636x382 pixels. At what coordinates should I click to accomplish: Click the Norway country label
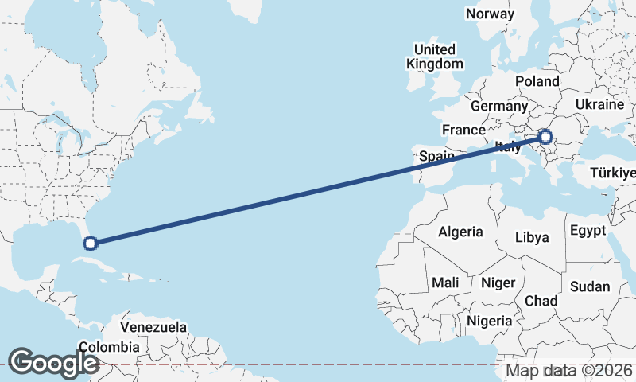tap(490, 14)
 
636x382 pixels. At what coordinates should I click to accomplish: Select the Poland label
tap(537, 81)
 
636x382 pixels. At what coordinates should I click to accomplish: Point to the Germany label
tap(498, 106)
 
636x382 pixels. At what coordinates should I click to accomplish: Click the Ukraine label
tap(600, 104)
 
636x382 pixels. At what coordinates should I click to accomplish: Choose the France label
tap(463, 130)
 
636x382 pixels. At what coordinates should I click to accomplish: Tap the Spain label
tap(436, 157)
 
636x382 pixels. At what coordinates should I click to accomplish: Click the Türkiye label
tap(613, 173)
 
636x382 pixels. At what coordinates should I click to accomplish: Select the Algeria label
tap(460, 232)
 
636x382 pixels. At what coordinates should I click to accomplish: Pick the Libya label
tap(532, 237)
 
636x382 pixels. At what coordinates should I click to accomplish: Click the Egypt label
tap(588, 231)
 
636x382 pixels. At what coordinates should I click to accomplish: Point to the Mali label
tap(445, 283)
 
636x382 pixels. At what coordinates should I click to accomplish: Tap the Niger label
tap(498, 283)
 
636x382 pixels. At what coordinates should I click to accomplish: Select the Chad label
tap(541, 301)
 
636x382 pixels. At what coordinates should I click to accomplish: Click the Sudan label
tap(590, 286)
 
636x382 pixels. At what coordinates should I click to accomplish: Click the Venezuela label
tap(153, 327)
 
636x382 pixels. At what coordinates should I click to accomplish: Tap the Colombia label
tap(109, 347)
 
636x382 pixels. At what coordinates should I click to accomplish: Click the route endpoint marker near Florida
tap(91, 243)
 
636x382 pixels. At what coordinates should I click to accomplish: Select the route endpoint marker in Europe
tap(545, 137)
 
